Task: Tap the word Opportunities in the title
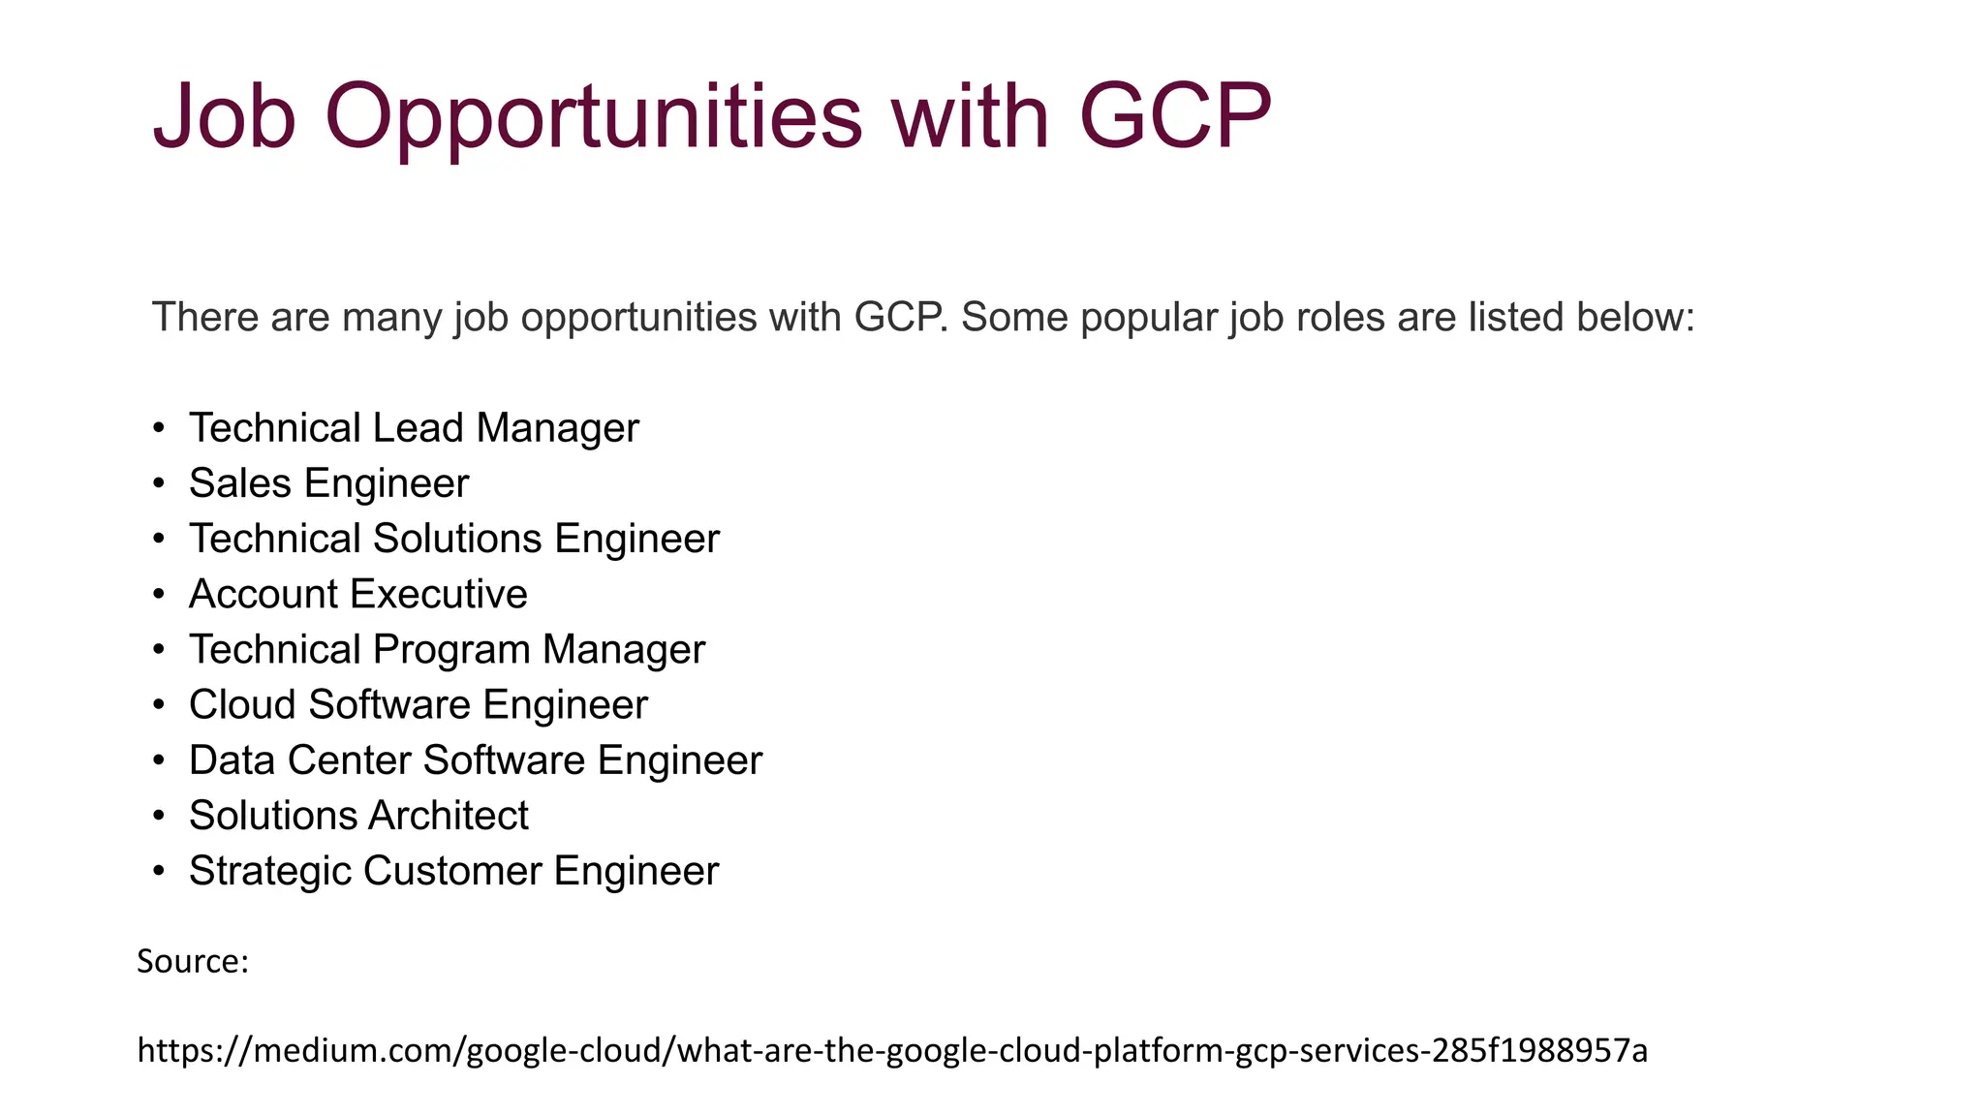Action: tap(593, 118)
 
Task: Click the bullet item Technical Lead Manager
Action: tap(414, 428)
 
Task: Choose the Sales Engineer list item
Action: tap(328, 483)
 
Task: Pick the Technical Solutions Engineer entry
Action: tap(454, 539)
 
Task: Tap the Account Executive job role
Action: tap(358, 594)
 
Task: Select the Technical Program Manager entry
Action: tap(447, 649)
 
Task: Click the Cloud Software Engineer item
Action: tap(418, 704)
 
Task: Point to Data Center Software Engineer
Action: tap(476, 760)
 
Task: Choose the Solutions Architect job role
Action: tap(358, 816)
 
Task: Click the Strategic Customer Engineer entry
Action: tap(453, 871)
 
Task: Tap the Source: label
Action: tap(193, 961)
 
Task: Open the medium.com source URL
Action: tap(892, 1050)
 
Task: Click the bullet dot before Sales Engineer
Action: tap(160, 484)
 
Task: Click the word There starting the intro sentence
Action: tap(205, 317)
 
